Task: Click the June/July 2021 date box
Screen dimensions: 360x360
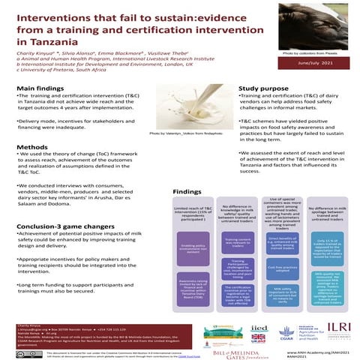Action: pos(310,66)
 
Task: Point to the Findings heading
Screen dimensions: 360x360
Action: pos(187,192)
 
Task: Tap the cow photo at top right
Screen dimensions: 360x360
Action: pos(310,26)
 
